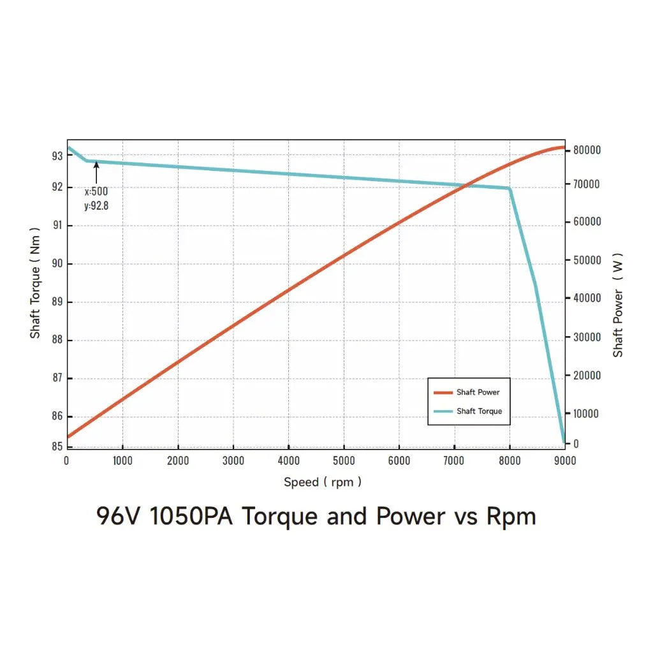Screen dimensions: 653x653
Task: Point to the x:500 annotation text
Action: click(96, 191)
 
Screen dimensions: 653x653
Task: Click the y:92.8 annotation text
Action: click(96, 205)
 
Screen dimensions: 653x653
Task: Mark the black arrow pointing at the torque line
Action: click(96, 172)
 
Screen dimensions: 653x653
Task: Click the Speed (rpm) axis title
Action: click(322, 482)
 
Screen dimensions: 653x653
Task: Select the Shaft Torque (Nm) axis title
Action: click(35, 282)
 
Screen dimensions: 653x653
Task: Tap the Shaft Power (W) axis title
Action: click(617, 305)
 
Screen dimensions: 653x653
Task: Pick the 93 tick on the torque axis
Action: click(57, 156)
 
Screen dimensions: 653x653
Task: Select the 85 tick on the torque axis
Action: click(57, 447)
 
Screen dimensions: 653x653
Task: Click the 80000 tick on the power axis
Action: click(586, 150)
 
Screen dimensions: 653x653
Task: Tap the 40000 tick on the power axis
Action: click(586, 298)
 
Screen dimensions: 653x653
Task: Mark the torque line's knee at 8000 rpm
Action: click(510, 188)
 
